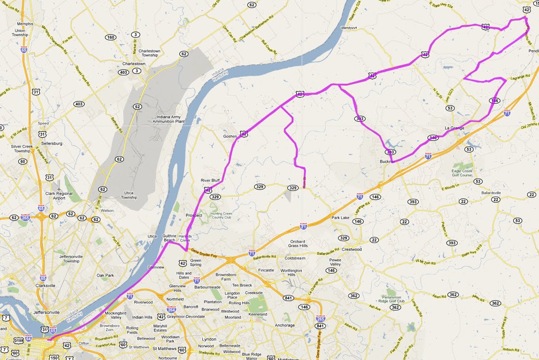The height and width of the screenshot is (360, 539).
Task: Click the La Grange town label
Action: (x=454, y=128)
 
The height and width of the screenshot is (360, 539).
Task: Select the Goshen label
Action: (x=230, y=136)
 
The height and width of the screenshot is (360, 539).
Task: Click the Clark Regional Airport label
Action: (x=59, y=196)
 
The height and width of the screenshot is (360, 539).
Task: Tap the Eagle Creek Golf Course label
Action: (x=462, y=174)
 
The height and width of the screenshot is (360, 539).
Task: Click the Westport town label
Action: (x=349, y=28)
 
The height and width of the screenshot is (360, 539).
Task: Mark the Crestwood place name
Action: (x=352, y=249)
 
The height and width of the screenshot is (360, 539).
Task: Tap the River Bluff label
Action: (x=210, y=180)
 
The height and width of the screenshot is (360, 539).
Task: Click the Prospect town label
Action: (x=194, y=215)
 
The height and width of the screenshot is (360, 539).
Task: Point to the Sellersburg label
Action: (x=51, y=144)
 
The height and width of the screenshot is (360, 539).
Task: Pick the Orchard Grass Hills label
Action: (x=298, y=243)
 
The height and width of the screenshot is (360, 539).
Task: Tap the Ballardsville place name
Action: (x=491, y=193)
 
